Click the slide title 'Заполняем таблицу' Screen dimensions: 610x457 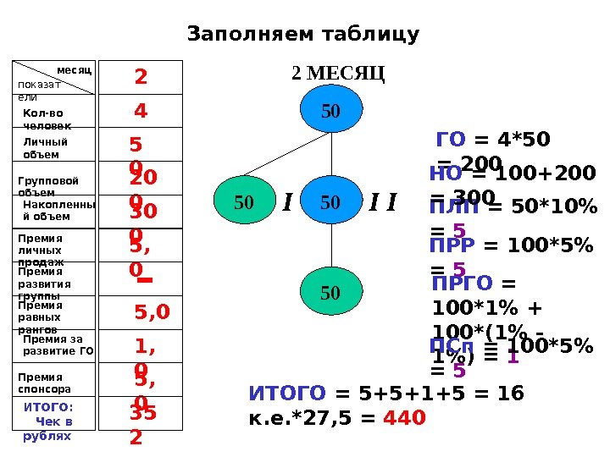302,35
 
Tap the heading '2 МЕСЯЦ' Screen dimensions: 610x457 338,74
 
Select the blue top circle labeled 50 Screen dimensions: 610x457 330,112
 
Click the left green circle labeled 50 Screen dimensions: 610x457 244,202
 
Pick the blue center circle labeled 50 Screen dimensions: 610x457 330,202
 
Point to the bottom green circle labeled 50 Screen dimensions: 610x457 330,293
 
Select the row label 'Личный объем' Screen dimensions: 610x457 46,148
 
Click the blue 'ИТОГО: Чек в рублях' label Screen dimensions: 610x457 48,421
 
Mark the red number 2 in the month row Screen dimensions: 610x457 141,78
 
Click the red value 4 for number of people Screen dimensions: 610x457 141,111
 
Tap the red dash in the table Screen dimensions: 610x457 144,280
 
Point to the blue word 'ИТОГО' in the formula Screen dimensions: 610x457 287,394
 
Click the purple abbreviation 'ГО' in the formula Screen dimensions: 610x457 450,140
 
